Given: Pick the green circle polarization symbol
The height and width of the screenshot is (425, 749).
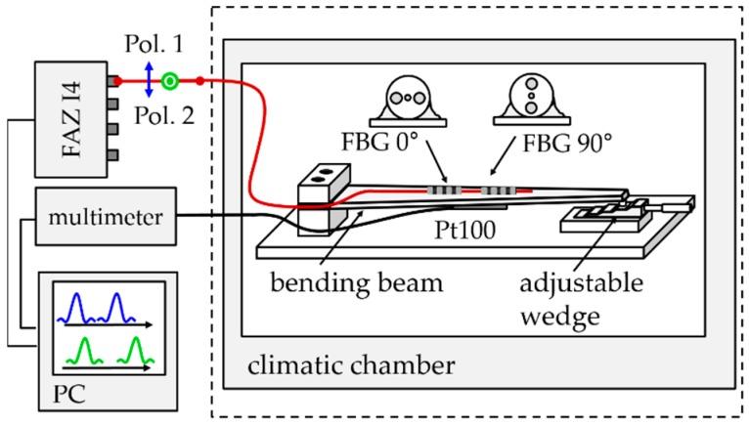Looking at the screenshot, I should click(x=171, y=80).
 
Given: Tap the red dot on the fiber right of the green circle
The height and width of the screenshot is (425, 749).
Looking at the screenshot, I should click(x=199, y=80).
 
